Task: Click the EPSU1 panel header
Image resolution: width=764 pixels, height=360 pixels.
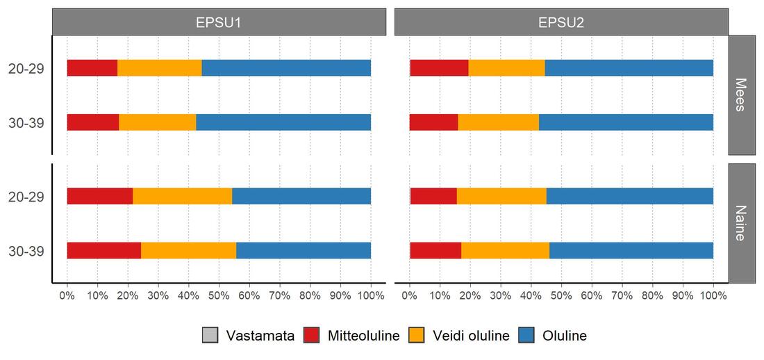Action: coord(219,22)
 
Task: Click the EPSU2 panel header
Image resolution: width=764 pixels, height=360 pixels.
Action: coord(561,22)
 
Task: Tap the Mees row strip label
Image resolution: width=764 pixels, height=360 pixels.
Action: coord(742,95)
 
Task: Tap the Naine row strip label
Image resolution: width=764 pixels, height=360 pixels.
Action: coord(742,223)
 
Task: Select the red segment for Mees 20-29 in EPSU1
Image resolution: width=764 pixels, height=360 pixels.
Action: coord(92,68)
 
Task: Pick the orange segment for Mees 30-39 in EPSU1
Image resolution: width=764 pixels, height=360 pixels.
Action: coord(158,122)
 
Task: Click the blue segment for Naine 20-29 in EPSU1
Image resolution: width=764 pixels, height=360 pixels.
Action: coord(301,196)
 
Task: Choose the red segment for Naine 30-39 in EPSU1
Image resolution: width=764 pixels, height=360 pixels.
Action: coord(103,250)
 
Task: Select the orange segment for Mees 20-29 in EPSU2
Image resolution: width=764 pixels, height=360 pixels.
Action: coord(506,68)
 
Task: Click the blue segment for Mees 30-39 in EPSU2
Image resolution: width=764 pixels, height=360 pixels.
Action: coord(626,122)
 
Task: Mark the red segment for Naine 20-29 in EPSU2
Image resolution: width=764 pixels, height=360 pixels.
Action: coord(433,196)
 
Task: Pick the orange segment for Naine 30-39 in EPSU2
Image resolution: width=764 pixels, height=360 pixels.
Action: coord(505,250)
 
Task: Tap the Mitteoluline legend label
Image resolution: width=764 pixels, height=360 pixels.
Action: coord(363,336)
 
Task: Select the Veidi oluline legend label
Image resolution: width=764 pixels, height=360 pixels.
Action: coord(471,336)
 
